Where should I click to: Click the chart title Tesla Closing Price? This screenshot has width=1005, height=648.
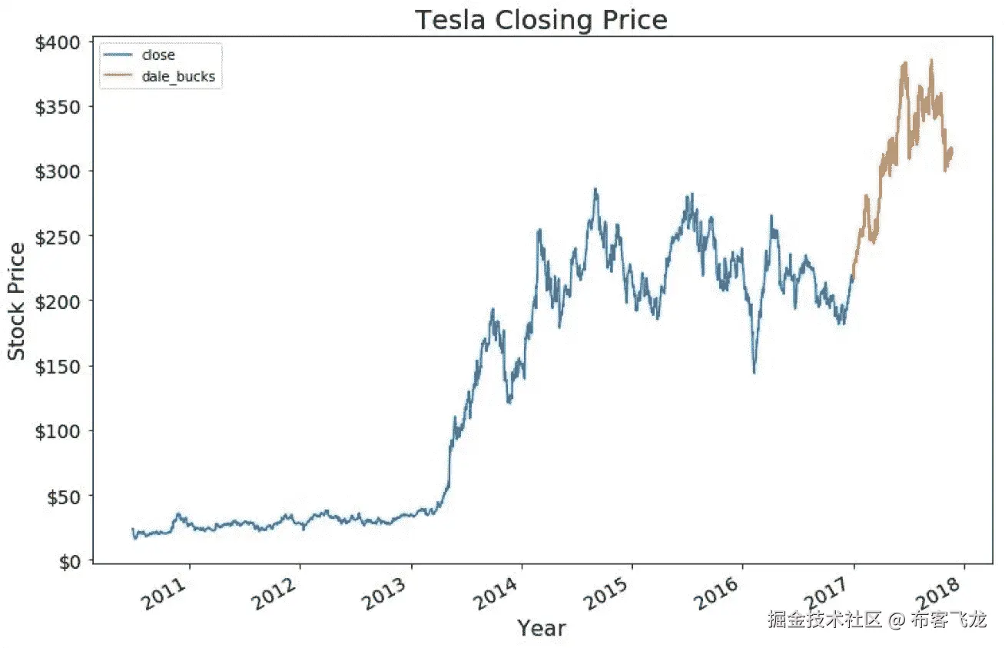541,20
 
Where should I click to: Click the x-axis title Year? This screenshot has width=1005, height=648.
541,628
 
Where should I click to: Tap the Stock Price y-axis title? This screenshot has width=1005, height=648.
17,301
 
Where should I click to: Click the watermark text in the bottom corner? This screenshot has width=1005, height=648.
876,620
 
